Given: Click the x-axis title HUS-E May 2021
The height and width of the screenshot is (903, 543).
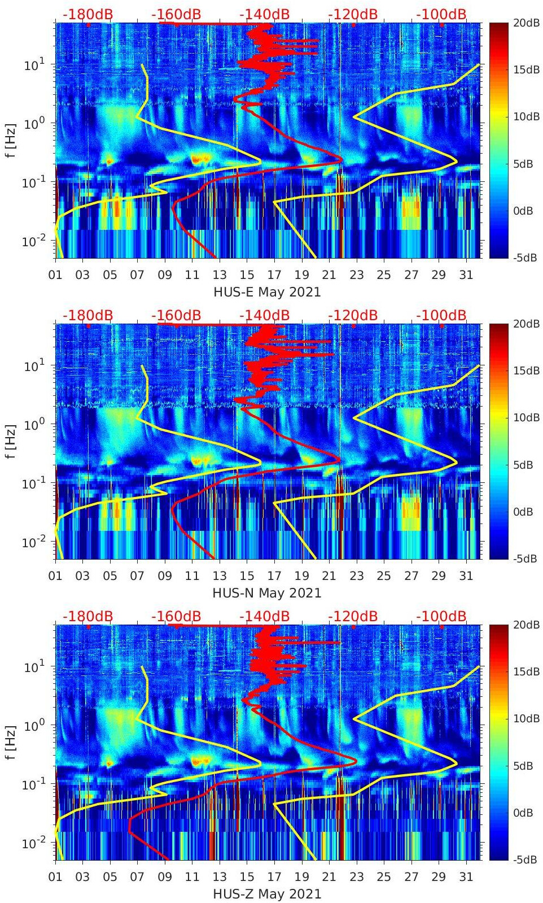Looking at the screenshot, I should point(267,292).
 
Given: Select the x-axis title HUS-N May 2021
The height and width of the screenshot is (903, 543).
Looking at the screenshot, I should point(267,593).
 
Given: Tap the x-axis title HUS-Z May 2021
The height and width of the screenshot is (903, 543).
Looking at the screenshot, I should point(267,894).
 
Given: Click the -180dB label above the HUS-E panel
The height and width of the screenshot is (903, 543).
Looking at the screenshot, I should point(87,14).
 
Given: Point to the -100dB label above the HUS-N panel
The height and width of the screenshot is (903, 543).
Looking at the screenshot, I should point(441,315).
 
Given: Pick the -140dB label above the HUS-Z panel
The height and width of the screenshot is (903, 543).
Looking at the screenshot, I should point(264,616).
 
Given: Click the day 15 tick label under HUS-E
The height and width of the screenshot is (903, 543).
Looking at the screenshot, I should point(247,275).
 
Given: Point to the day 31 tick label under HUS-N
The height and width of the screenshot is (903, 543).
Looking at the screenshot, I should point(466,576).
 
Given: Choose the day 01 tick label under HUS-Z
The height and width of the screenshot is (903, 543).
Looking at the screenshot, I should point(55,877).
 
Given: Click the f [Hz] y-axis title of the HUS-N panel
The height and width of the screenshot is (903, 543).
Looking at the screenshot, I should point(11,442).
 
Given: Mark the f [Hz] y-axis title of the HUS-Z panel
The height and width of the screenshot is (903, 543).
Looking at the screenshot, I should point(11,743).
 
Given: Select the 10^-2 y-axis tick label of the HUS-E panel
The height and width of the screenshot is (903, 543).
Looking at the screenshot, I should point(32,241).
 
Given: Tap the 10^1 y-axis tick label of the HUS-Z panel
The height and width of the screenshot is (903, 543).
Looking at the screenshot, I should point(33,667).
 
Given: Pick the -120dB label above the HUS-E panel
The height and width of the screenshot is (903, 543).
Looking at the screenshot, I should point(353,14).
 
